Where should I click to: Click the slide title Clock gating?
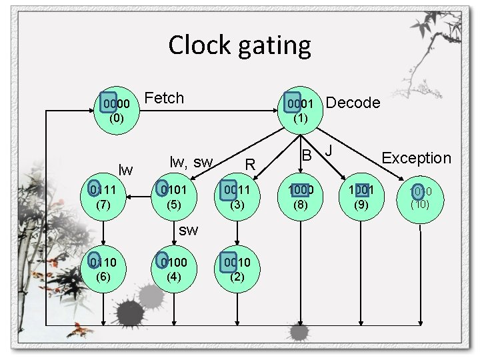[x=239, y=45]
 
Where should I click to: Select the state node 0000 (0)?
[x=116, y=110]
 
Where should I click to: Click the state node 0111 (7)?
[x=103, y=196]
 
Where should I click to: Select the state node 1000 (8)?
[x=300, y=196]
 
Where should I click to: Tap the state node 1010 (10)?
[x=420, y=197]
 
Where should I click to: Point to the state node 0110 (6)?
[x=103, y=266]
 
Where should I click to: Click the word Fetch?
[x=164, y=98]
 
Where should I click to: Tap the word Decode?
[x=353, y=102]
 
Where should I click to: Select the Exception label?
[x=416, y=158]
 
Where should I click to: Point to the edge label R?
[x=250, y=163]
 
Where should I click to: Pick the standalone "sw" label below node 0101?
[x=189, y=230]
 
